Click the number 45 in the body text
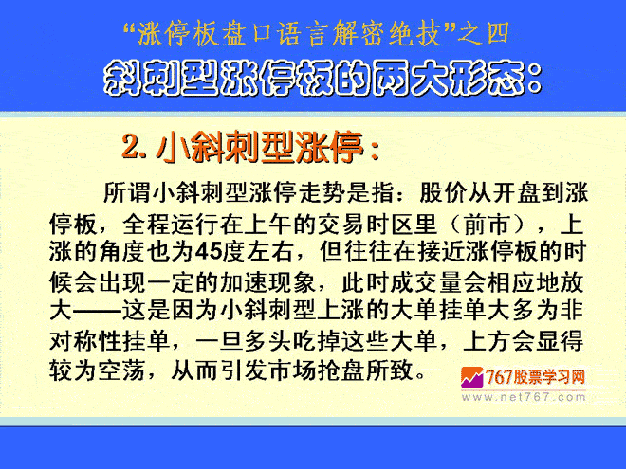tap(209, 252)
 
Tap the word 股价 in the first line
tap(443, 193)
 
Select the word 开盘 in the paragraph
tap(516, 193)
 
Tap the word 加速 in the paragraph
tap(244, 283)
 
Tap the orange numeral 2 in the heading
tap(130, 148)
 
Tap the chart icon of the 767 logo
tap(472, 378)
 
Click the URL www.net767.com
tap(524, 397)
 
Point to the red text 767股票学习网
tap(535, 377)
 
